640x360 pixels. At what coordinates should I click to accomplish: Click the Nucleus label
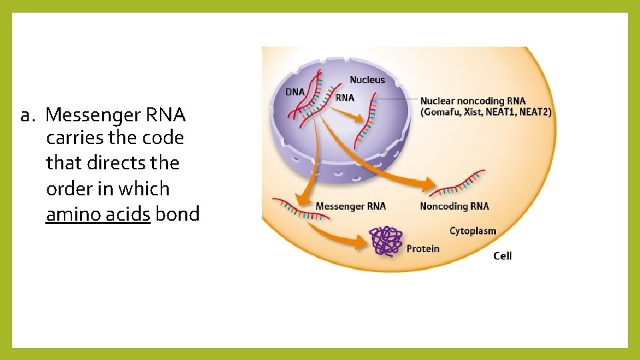367,79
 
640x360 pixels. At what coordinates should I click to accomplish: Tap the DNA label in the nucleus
295,92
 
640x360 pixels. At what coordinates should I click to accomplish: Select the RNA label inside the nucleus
345,97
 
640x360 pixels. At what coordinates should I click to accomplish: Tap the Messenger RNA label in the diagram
350,206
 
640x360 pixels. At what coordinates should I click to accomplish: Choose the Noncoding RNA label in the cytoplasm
454,206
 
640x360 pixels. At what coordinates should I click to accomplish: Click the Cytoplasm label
473,231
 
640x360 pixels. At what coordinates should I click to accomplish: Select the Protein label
423,249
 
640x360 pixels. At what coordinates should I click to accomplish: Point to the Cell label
502,255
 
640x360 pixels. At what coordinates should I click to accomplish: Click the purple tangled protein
387,241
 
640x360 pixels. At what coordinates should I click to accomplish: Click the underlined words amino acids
98,214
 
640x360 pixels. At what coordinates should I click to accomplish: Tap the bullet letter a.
27,115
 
